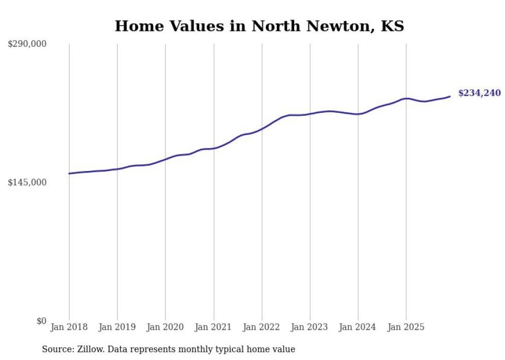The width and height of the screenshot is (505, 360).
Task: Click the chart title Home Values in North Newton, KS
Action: [259, 26]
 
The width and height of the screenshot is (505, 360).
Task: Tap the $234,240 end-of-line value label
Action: [479, 93]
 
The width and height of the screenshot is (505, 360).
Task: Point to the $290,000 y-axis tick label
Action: [27, 44]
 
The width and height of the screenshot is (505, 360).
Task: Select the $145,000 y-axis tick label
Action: [27, 182]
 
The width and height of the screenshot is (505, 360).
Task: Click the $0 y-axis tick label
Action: [41, 321]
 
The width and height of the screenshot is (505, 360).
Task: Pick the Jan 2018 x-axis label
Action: [69, 327]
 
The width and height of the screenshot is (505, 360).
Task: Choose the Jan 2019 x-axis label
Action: [117, 327]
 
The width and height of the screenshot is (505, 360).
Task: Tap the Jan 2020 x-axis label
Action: [165, 327]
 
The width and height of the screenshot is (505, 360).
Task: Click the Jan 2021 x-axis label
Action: [213, 327]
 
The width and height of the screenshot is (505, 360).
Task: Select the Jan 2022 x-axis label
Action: [262, 327]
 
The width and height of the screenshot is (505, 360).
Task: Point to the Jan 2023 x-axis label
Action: [310, 327]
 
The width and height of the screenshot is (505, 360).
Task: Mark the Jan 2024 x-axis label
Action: [358, 327]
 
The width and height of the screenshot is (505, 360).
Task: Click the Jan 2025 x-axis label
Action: [406, 327]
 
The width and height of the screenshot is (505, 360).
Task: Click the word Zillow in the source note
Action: [90, 349]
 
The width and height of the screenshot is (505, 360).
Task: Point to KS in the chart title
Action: [392, 26]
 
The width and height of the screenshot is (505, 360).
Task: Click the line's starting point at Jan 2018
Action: [69, 174]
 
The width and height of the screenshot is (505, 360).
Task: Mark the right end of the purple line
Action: [450, 96]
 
